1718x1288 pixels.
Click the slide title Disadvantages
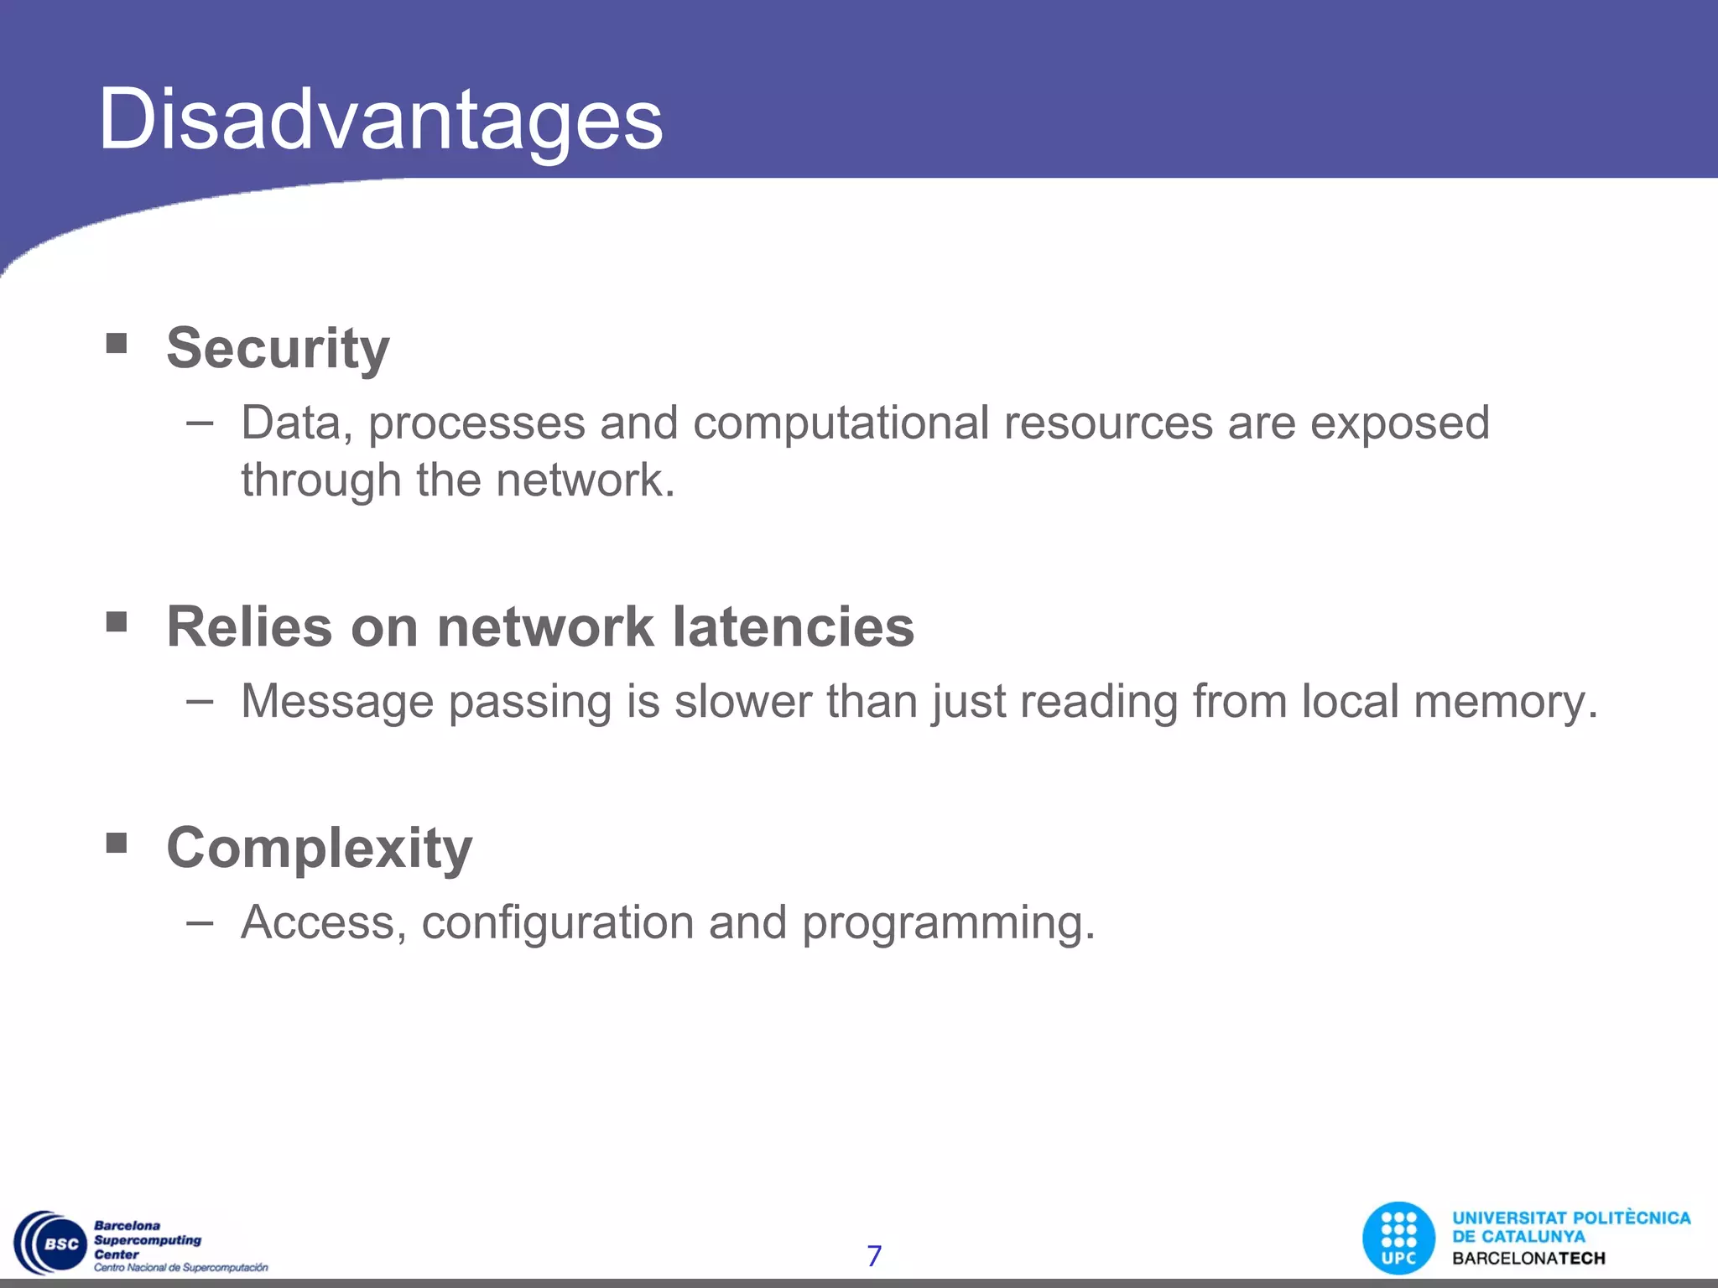[381, 119]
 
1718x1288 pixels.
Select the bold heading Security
[278, 347]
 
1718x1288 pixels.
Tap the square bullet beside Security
[117, 343]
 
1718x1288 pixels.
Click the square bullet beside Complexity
[117, 842]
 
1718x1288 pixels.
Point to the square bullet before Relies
[117, 621]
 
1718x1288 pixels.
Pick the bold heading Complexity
[320, 848]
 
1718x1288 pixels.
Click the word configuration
[557, 922]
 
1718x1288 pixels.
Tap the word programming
[948, 923]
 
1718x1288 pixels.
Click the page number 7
[874, 1255]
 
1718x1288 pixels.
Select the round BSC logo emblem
[52, 1243]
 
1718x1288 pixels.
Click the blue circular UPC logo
[1398, 1239]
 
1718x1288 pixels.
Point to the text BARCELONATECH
[1528, 1258]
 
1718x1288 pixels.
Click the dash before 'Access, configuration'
[200, 922]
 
